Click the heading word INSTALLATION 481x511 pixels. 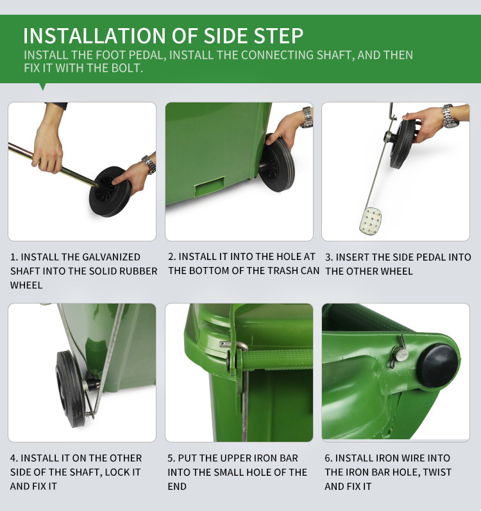click(95, 36)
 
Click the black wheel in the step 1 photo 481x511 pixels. click(110, 191)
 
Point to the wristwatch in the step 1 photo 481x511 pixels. click(149, 164)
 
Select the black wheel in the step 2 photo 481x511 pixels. click(277, 162)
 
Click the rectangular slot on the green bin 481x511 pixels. click(210, 186)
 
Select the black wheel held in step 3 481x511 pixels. click(403, 143)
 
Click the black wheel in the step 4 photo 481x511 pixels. click(70, 389)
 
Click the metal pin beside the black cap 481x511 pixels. click(400, 353)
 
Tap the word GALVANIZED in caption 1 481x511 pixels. click(112, 257)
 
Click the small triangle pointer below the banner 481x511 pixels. click(42, 86)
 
